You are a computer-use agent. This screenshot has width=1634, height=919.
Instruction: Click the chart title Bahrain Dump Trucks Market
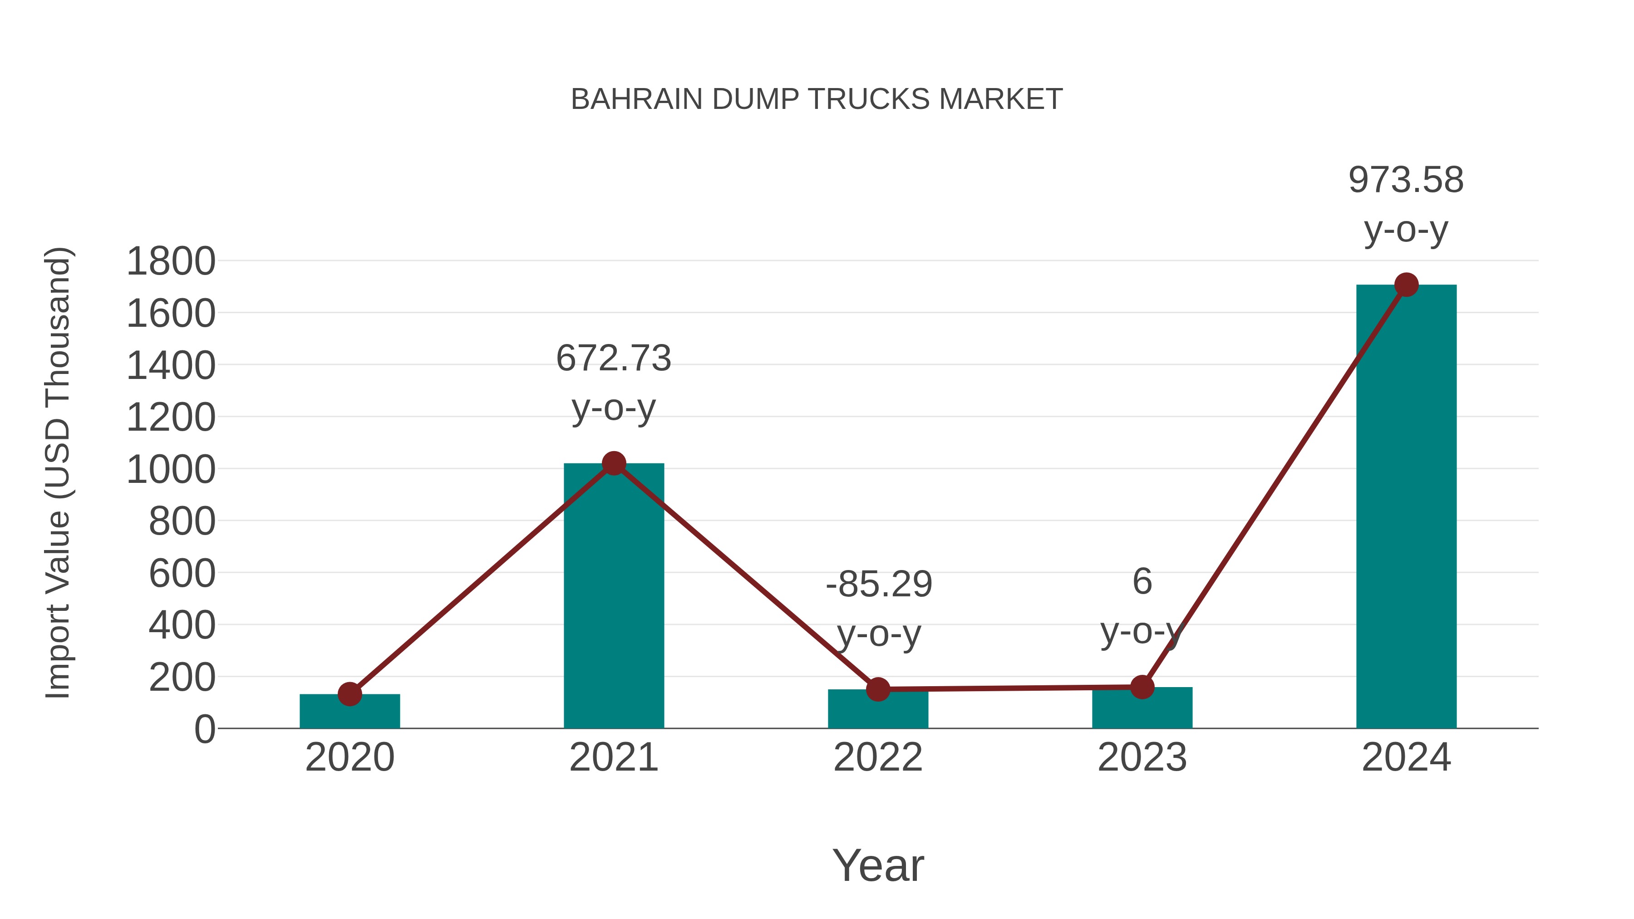817,99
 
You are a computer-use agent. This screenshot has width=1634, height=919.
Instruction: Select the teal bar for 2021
613,596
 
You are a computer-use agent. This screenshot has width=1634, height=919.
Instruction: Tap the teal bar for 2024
1406,507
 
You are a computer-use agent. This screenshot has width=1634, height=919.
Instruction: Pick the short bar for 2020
349,712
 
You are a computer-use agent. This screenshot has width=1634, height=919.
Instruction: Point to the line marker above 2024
1406,285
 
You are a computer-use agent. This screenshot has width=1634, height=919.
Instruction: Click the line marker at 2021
613,464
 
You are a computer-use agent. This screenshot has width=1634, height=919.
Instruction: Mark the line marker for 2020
349,694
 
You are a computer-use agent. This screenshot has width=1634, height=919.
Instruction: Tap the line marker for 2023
1142,687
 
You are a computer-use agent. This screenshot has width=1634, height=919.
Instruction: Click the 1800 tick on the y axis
171,261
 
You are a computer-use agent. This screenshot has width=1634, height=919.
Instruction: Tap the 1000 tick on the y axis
171,470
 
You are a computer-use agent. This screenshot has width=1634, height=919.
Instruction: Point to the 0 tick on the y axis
204,729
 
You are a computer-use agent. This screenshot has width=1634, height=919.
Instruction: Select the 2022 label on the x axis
878,757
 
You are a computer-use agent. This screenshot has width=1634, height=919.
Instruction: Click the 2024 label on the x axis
1406,757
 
